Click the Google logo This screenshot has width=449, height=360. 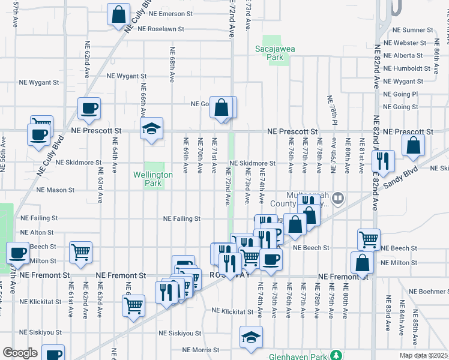click(20, 353)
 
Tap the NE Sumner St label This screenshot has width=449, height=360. click(412, 29)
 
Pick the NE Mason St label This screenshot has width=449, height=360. click(55, 190)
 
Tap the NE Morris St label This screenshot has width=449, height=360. click(203, 350)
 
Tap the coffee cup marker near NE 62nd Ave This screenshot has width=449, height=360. click(89, 109)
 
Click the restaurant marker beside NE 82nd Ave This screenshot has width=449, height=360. click(382, 160)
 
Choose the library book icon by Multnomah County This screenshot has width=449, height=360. click(338, 197)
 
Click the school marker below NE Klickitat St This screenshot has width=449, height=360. click(251, 337)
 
